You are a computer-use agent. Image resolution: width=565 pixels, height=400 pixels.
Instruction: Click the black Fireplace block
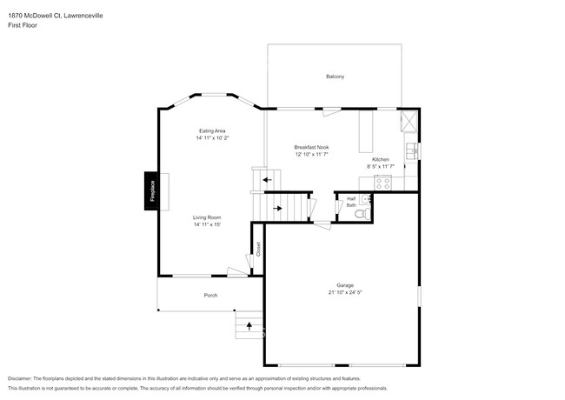pos(151,191)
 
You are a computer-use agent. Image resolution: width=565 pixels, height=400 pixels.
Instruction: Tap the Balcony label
pos(335,77)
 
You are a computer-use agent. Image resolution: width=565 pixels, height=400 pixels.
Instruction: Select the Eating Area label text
pos(212,130)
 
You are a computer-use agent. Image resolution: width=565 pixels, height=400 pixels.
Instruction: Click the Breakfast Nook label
pos(310,147)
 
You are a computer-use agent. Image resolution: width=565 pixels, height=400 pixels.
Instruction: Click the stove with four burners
pos(382,183)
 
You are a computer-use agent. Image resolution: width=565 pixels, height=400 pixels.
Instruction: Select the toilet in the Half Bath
pos(367,210)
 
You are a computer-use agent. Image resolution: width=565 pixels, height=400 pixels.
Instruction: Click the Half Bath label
pos(351,202)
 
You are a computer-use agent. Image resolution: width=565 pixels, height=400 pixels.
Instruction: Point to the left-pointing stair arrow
pos(266,180)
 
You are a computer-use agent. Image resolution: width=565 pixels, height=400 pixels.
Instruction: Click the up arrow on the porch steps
pos(250,327)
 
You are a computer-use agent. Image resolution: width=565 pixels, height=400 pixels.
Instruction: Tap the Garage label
pos(345,285)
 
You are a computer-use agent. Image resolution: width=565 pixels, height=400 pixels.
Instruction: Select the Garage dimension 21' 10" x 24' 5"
pos(345,293)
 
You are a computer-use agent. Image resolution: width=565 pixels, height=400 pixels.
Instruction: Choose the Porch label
pos(210,296)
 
